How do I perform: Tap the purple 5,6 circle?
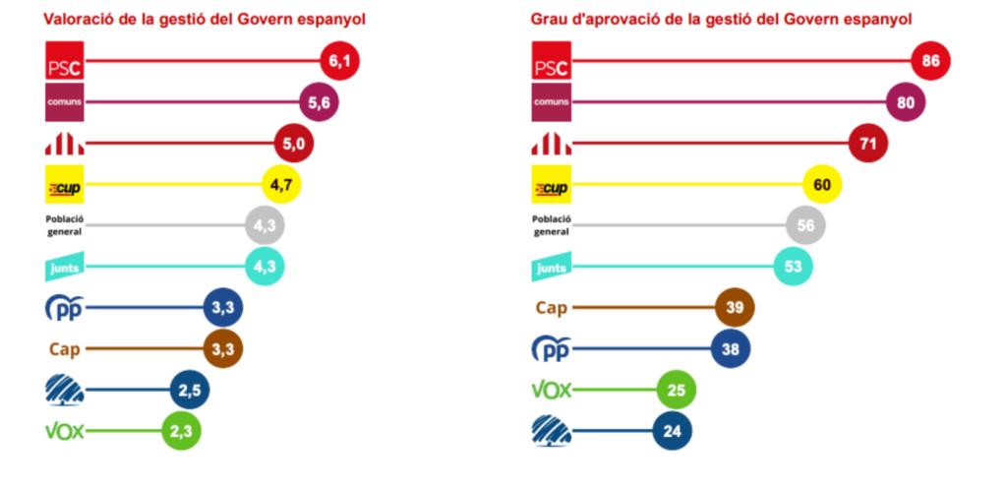(318, 103)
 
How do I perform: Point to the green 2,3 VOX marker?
(181, 431)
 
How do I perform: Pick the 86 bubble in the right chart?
(930, 62)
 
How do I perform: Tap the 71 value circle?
(868, 144)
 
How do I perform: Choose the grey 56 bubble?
(805, 226)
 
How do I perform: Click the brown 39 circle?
(735, 308)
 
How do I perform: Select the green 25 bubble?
(677, 391)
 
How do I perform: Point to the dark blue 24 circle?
(673, 431)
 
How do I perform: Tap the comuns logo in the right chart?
(551, 103)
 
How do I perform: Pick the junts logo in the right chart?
(551, 268)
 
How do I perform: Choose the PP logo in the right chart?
(551, 349)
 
